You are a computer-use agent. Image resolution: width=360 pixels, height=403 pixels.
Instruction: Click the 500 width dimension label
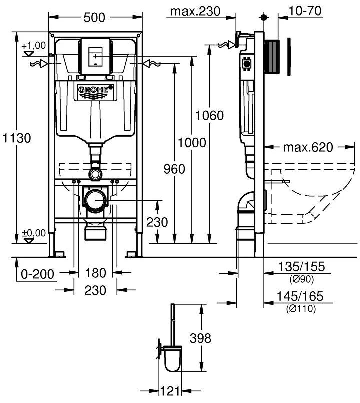94,18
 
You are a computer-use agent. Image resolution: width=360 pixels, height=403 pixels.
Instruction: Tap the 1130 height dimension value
17,138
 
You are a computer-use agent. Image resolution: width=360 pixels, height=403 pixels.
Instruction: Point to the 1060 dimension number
210,116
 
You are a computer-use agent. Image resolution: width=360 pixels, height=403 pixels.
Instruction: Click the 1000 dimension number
192,142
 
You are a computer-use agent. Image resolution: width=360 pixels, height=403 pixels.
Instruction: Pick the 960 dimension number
174,169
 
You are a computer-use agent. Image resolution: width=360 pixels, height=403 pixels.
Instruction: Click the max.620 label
308,147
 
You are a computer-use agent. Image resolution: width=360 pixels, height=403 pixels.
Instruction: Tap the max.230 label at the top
195,11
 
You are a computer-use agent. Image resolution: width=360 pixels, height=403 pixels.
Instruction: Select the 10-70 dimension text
305,11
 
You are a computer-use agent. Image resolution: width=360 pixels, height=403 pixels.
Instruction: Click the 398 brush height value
200,338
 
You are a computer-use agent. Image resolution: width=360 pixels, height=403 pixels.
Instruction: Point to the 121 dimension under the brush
170,391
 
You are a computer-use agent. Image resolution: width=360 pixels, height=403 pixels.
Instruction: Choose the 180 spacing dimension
95,273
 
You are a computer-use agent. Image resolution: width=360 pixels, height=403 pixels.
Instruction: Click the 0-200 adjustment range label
37,274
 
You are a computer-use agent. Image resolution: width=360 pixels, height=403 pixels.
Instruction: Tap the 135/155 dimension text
302,266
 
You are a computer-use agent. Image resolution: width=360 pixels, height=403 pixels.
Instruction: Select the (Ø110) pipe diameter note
301,308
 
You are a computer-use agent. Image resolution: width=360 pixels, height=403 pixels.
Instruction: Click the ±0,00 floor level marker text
34,233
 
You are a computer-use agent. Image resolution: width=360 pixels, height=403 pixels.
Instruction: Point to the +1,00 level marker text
34,45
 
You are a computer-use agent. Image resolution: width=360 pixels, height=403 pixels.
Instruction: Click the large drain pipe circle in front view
95,200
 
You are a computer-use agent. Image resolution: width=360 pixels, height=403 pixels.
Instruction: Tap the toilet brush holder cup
173,359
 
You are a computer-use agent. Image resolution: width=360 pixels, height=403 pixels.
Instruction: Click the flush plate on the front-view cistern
96,56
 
